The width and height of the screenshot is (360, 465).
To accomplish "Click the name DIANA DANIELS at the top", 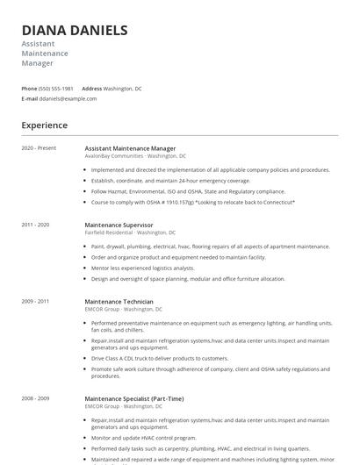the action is (x=75, y=30).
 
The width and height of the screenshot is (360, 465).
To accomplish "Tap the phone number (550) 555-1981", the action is (x=56, y=89).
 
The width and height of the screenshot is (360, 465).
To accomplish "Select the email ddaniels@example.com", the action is (x=68, y=98).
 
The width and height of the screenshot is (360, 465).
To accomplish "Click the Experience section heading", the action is (x=44, y=125).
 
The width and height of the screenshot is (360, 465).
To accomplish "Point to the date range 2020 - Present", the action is (x=39, y=148).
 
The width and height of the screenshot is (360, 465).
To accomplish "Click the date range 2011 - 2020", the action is (x=36, y=225).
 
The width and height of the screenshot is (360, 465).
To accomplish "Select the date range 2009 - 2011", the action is (x=36, y=301).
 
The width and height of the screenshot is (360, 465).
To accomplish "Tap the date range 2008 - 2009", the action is (x=36, y=397).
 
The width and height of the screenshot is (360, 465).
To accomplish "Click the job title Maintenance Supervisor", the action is (x=119, y=225).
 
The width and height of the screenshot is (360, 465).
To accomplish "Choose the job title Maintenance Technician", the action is (x=119, y=301).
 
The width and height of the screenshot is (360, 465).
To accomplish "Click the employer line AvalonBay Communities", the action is (x=114, y=155).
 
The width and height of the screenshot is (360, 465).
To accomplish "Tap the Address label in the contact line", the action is (x=91, y=89).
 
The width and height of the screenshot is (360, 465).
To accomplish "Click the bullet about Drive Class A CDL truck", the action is (x=160, y=358).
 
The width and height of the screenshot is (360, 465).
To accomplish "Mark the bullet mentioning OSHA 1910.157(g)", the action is (x=193, y=202).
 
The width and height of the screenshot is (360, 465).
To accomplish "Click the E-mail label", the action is (x=29, y=98).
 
